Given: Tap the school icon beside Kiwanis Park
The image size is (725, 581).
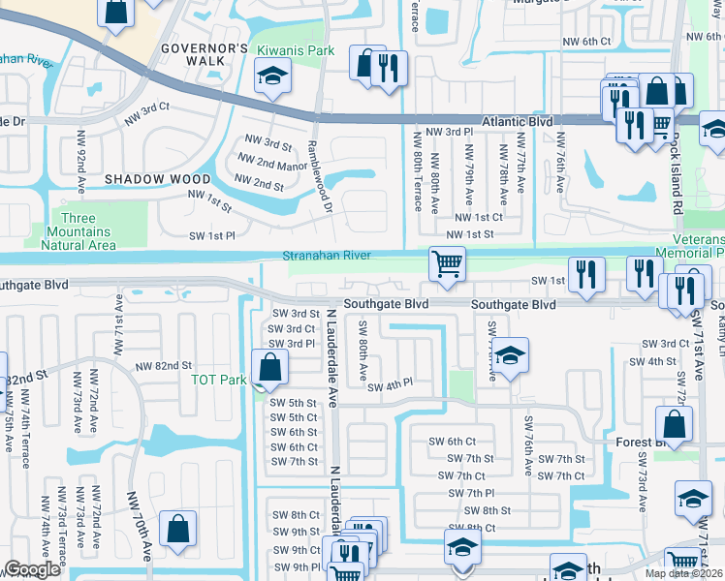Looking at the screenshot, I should click(x=272, y=76).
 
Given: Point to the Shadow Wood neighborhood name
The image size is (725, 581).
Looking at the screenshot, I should click(x=157, y=179).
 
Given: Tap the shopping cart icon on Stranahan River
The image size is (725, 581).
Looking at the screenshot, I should click(x=447, y=263).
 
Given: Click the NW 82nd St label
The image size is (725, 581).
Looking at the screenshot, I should click(x=163, y=366).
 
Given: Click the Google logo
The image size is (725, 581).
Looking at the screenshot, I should click(x=32, y=569).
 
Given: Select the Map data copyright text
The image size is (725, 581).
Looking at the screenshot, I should click(x=684, y=573).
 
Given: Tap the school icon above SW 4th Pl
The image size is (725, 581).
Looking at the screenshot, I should click(x=509, y=354).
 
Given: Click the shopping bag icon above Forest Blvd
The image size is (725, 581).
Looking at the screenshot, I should click(x=674, y=424).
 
